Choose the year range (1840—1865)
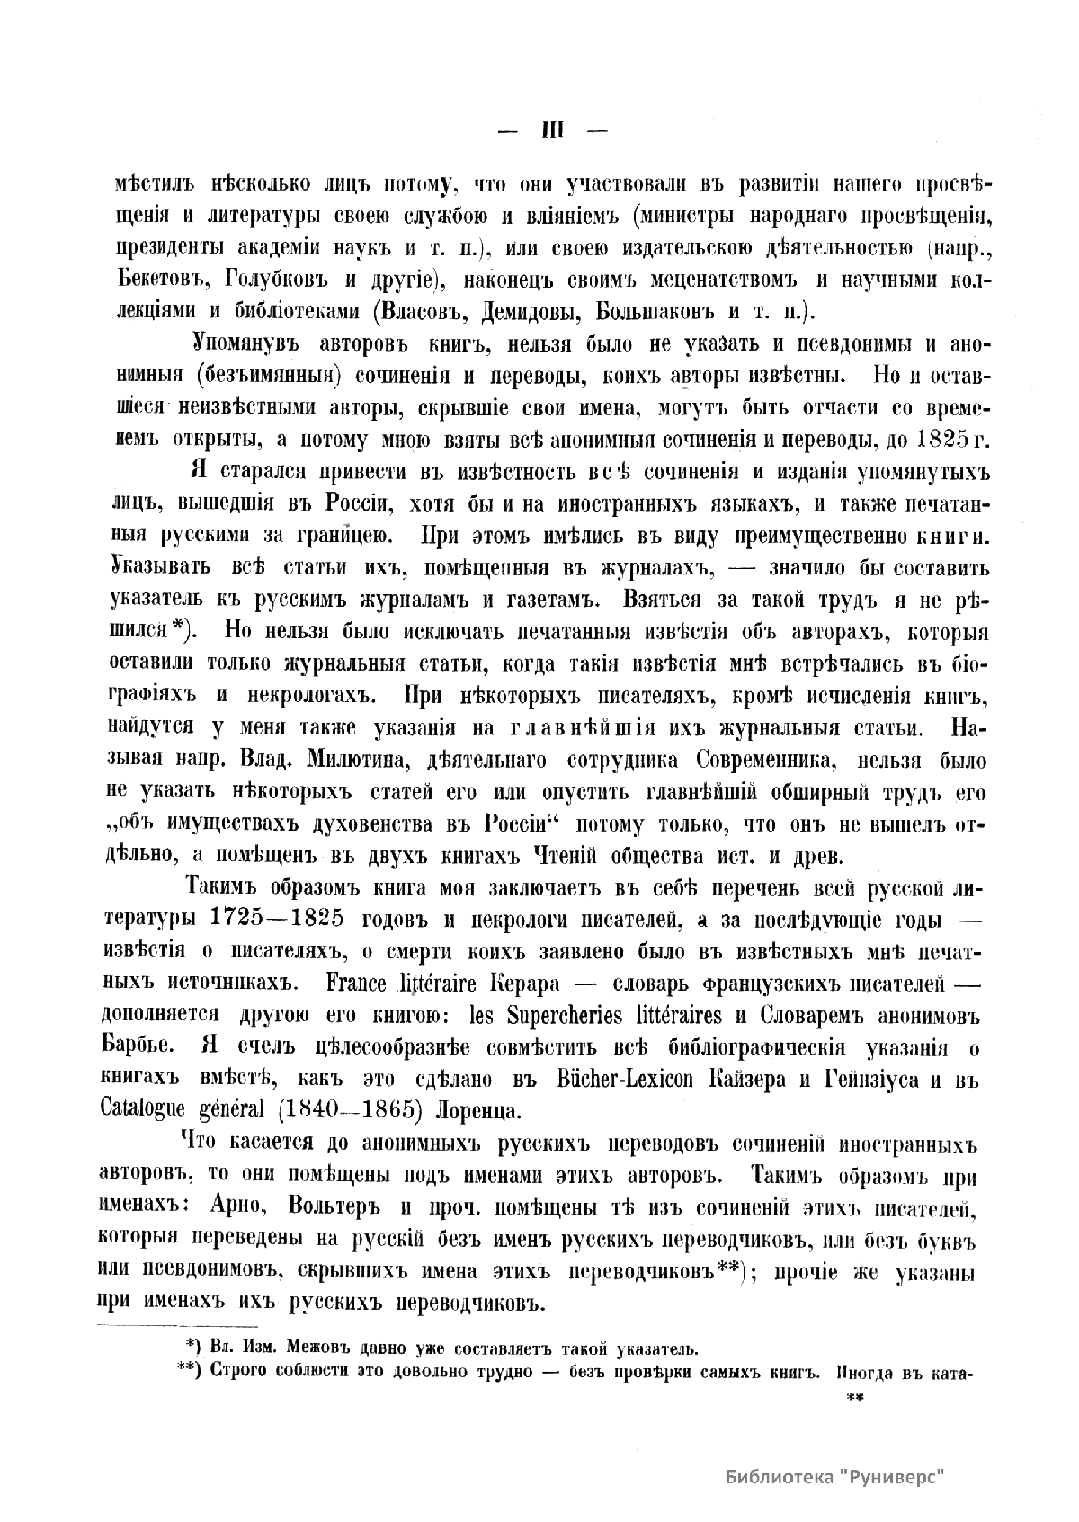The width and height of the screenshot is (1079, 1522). click(350, 1110)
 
